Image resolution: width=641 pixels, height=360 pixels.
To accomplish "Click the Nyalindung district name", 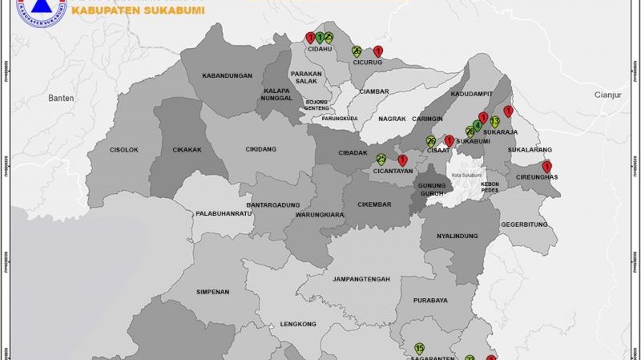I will tap(458, 237).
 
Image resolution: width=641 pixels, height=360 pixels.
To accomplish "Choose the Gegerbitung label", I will tap(524, 225).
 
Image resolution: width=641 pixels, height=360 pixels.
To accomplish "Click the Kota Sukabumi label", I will tap(466, 175).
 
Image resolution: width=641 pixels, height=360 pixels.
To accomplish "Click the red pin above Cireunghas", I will tap(547, 167).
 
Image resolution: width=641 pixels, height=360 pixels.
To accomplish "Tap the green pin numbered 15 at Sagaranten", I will tap(419, 349).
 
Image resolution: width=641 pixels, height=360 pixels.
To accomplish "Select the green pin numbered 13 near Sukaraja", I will tap(494, 122).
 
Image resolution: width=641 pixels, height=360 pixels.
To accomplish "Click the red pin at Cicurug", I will tap(378, 51).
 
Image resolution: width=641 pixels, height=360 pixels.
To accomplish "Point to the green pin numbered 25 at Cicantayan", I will tap(381, 159).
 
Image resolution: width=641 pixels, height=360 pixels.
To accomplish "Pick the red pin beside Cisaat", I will tap(450, 141).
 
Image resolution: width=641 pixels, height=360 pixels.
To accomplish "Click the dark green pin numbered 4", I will tap(478, 126).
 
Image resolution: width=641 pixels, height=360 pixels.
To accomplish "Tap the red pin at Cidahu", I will tap(310, 37).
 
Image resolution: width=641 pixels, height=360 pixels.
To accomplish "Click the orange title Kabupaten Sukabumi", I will tap(138, 11).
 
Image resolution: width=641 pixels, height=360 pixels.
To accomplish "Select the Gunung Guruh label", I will tap(431, 190).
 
